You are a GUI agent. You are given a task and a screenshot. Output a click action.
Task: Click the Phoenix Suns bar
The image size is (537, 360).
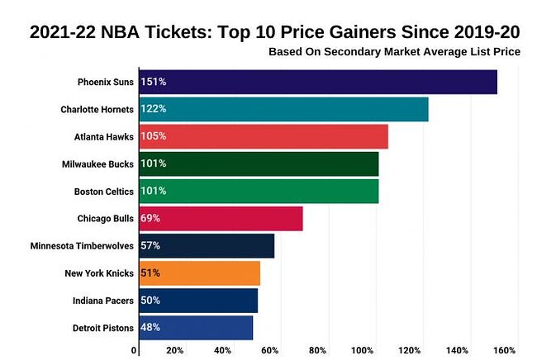click(318, 82)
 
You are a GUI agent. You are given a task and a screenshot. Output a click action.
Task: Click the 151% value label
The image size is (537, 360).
click(154, 82)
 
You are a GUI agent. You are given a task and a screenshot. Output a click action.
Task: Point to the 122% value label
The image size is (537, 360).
click(154, 109)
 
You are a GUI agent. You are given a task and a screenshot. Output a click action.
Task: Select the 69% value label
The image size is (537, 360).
click(150, 218)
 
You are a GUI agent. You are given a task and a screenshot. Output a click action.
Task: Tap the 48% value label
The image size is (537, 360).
click(150, 327)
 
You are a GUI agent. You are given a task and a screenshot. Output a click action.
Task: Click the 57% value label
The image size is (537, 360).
click(150, 245)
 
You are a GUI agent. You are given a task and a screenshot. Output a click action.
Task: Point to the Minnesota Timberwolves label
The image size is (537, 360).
click(82, 245)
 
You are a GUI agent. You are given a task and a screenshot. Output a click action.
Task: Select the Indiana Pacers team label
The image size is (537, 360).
click(102, 300)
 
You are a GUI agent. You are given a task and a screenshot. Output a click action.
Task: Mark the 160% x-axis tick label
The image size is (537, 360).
click(504, 350)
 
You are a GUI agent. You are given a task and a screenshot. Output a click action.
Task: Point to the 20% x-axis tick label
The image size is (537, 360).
click(175, 350)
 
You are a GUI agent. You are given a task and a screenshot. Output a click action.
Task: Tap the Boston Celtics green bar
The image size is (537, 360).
click(259, 191)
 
